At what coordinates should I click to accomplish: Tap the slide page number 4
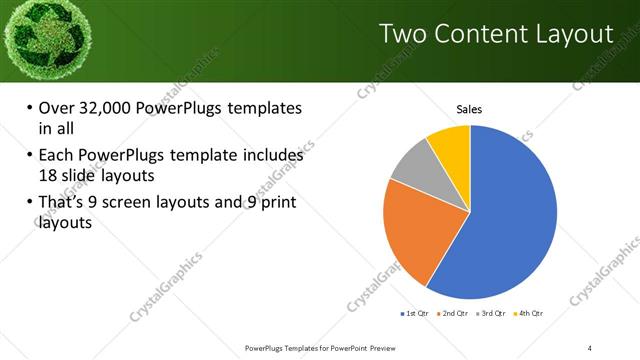point(590,347)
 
